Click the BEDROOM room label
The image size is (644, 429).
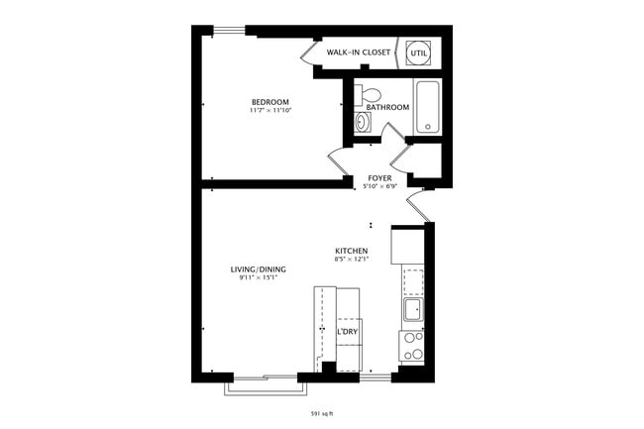(269, 102)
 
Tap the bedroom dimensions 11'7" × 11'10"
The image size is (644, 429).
(269, 111)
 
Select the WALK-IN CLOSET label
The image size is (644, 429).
(358, 52)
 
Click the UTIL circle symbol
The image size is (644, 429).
(418, 51)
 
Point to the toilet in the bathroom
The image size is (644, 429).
(369, 95)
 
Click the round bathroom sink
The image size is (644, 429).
(363, 122)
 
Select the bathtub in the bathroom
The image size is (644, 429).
(427, 106)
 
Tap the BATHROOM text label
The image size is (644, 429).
(387, 107)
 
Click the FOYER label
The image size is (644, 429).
(379, 178)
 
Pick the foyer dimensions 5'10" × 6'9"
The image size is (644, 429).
(379, 186)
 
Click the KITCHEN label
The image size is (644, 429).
(352, 252)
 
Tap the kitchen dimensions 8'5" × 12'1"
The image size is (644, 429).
(352, 261)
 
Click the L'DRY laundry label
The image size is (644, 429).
(347, 332)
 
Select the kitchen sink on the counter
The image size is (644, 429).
(412, 311)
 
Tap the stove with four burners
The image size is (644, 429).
(411, 346)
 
